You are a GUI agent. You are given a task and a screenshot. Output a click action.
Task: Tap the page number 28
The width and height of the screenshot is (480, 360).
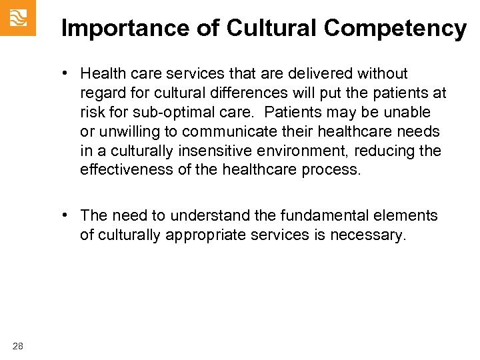click(x=17, y=345)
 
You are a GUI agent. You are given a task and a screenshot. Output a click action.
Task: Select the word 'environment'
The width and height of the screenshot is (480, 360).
click(x=293, y=151)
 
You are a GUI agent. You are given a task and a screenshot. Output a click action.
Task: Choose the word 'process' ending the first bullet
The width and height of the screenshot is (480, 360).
click(x=331, y=170)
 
